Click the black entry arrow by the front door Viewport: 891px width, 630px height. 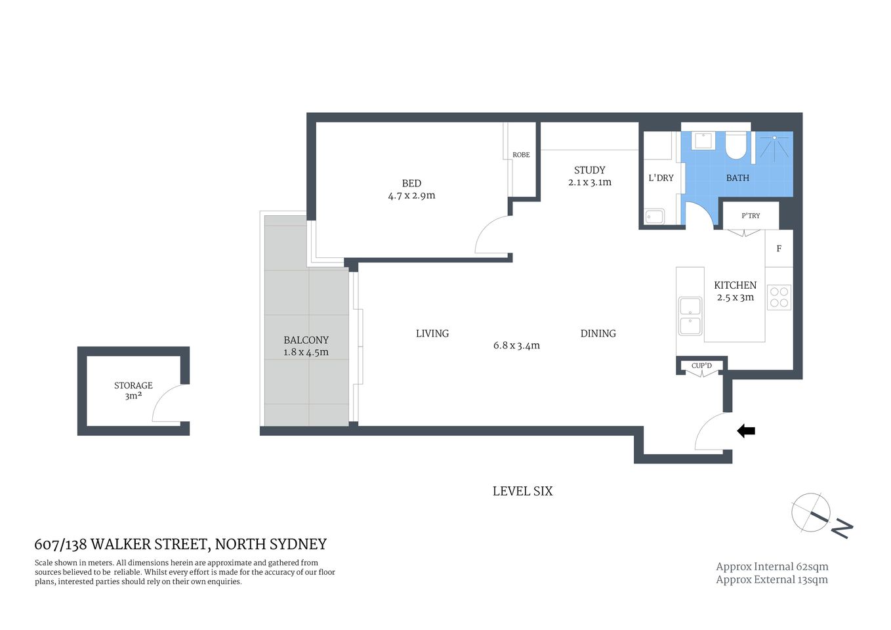pos(746,431)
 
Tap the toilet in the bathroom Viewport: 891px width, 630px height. pos(736,146)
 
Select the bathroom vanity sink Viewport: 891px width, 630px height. pos(704,141)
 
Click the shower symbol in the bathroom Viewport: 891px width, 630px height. pos(775,147)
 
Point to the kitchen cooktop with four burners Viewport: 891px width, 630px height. pos(779,297)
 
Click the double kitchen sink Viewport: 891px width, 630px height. pos(690,316)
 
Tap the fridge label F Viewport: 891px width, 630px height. pos(779,249)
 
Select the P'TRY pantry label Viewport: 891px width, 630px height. pos(751,215)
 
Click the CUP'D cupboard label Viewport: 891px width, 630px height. pos(701,366)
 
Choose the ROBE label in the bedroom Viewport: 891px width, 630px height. pos(521,155)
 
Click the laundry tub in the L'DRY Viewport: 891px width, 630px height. pos(654,217)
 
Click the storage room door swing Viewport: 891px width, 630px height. pos(168,404)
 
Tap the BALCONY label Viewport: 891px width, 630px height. pos(306,340)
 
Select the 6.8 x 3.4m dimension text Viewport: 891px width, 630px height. pos(516,346)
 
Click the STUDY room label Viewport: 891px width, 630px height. pos(589,170)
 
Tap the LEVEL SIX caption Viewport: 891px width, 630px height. pos(522,491)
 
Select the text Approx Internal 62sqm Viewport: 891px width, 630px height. pos(772,566)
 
